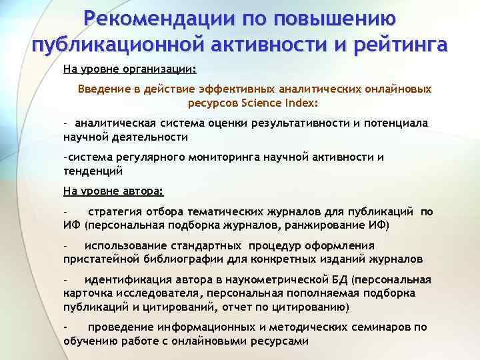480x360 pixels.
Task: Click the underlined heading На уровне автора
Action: pyautogui.click(x=113, y=191)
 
